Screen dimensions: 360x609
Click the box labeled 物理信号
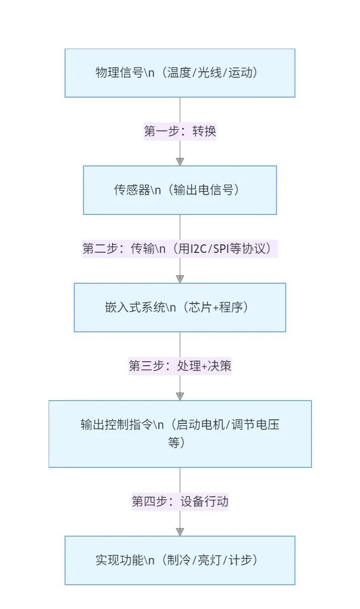click(180, 73)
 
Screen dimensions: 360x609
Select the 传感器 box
click(180, 190)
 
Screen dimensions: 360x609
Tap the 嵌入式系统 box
click(180, 308)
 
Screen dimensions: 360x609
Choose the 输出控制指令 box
click(180, 434)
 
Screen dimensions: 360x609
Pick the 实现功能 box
click(180, 560)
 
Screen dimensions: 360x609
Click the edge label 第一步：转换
click(180, 132)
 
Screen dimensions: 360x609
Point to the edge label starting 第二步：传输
click(180, 248)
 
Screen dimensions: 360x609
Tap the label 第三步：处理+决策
click(180, 366)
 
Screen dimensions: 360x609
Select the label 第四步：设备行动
click(180, 501)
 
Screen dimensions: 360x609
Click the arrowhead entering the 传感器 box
click(180, 161)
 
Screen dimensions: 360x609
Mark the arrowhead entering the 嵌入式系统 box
click(180, 279)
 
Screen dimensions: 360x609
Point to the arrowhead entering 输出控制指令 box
click(180, 396)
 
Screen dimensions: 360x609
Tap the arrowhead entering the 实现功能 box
click(180, 532)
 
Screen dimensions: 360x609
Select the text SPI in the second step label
click(221, 249)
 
